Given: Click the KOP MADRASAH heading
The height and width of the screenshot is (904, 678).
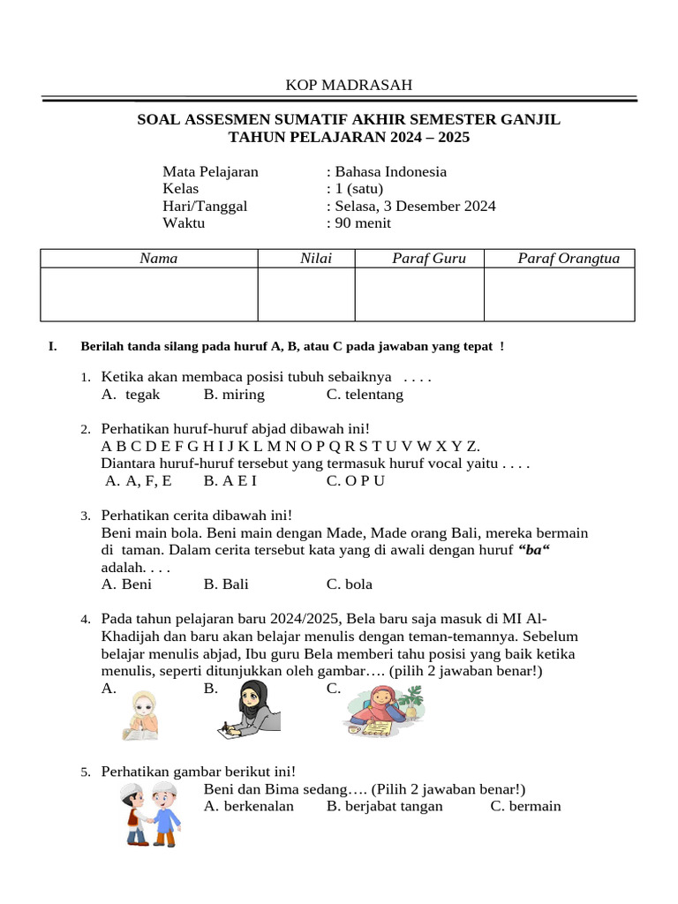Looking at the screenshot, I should pyautogui.click(x=348, y=85).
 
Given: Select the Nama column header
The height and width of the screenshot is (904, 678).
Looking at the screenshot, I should pyautogui.click(x=159, y=259).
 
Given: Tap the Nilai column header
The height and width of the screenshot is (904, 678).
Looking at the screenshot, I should pyautogui.click(x=306, y=259).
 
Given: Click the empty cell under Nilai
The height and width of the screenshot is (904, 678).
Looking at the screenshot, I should pyautogui.click(x=306, y=294).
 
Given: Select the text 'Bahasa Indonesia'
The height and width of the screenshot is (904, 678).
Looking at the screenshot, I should pyautogui.click(x=389, y=172).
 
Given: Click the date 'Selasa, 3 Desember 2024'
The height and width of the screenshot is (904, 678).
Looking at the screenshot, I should pyautogui.click(x=414, y=207).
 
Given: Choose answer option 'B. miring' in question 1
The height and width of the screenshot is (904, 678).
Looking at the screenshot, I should pyautogui.click(x=234, y=395).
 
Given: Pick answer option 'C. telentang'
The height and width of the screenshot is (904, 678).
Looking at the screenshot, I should pyautogui.click(x=365, y=395).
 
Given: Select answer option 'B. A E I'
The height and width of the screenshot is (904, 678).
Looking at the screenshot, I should pyautogui.click(x=230, y=481).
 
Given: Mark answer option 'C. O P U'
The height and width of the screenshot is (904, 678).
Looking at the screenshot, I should pyautogui.click(x=356, y=481).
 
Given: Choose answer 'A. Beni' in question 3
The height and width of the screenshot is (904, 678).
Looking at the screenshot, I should pyautogui.click(x=127, y=584).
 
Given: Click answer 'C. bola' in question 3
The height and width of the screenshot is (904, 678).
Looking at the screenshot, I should pyautogui.click(x=350, y=584).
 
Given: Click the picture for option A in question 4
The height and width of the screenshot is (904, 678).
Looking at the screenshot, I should pyautogui.click(x=141, y=715).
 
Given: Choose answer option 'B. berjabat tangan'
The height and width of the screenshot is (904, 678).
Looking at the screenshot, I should pyautogui.click(x=385, y=807).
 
